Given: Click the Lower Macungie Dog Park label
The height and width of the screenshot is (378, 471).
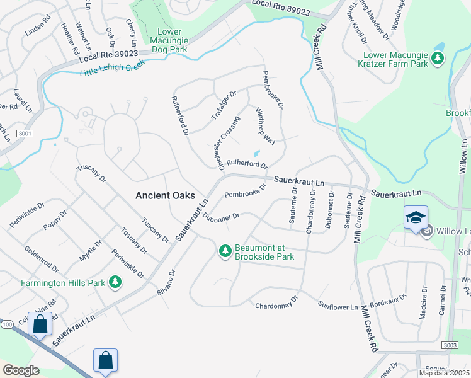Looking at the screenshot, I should (169, 40).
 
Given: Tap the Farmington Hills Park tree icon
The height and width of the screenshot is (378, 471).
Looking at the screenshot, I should (115, 282).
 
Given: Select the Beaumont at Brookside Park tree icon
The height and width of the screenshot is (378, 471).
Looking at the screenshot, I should (225, 251).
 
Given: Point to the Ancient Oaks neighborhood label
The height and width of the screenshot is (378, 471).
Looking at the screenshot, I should (165, 195).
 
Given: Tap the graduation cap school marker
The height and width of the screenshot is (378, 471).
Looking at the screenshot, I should (416, 218).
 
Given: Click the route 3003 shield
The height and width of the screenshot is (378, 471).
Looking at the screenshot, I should (450, 345).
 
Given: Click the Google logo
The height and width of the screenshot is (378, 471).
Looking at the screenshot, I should (21, 370).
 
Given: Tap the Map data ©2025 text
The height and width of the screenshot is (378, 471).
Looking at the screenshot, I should (445, 373).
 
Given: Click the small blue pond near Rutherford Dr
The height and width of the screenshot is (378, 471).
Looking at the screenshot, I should (256, 153).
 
